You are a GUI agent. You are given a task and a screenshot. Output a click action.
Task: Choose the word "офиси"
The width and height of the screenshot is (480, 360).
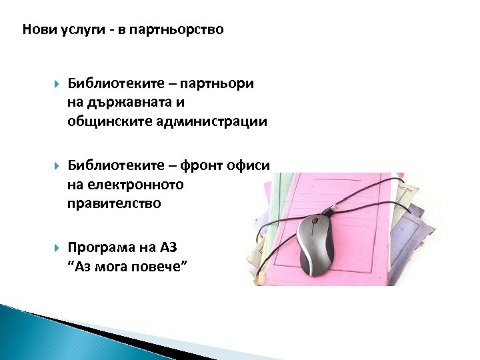(x=253, y=167)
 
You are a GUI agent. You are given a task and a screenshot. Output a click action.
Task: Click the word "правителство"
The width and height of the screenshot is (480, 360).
(x=114, y=203)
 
